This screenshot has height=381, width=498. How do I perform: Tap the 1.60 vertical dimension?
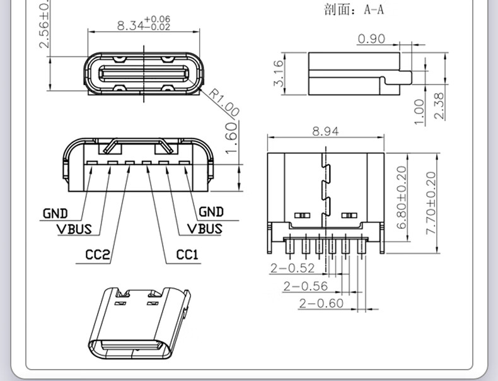point(231,134)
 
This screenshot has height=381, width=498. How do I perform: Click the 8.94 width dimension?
point(325,131)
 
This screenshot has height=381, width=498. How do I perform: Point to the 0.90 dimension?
point(371,39)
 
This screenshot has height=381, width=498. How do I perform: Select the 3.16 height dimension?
point(278,75)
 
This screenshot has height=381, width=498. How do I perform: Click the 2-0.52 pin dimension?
point(292,268)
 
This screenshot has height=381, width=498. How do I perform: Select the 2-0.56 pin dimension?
point(306,286)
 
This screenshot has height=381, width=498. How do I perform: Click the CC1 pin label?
point(187,255)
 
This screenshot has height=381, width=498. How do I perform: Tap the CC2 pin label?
point(98,255)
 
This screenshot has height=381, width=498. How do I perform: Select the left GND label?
point(55,213)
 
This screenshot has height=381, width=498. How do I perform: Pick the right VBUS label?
point(205,228)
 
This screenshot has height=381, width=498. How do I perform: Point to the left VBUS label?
point(74,228)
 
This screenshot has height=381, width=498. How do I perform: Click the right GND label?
point(211,212)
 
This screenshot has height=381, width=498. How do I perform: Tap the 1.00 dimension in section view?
point(420,111)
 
